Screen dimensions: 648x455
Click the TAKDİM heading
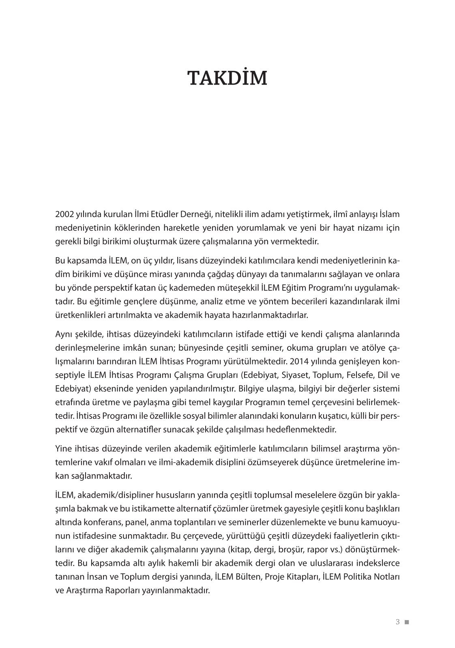(227, 79)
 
